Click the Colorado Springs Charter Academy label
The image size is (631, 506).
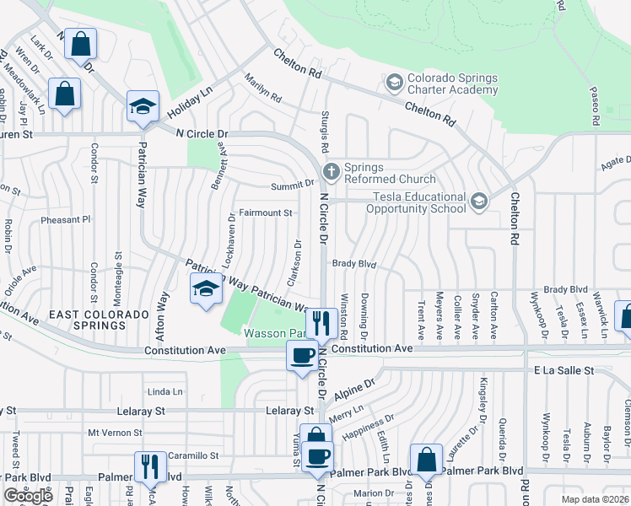point(452,83)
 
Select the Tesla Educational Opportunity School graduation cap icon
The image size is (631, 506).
point(479,201)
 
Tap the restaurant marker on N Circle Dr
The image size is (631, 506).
point(321,323)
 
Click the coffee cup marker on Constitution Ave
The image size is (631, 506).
point(302,355)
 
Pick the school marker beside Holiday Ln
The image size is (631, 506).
point(143,107)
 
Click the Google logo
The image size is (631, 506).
point(29,496)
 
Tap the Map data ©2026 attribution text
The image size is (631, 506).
point(596,499)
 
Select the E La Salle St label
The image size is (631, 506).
point(564,370)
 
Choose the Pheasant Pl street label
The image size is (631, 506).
point(66,220)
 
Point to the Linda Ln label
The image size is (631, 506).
point(164,392)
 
